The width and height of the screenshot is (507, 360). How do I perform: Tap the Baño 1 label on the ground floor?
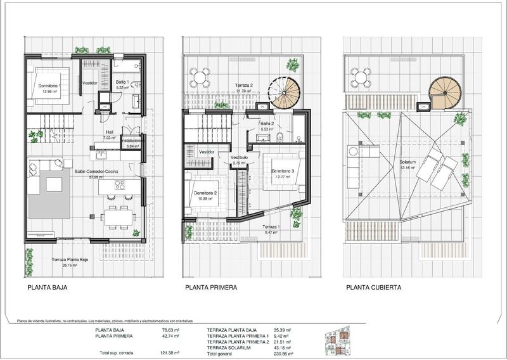point(123,82)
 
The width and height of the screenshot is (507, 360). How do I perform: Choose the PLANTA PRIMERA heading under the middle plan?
point(211,287)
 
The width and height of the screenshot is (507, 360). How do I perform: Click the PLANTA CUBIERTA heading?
point(373,287)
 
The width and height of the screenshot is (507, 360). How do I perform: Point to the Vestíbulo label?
point(238,159)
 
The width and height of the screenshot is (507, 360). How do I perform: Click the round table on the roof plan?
point(361,79)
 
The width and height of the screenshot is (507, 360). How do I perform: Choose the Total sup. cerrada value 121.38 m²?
point(169,353)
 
